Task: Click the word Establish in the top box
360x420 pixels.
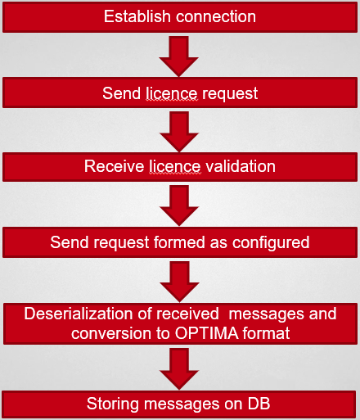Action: pyautogui.click(x=137, y=16)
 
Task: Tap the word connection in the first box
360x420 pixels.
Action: pyautogui.click(x=216, y=17)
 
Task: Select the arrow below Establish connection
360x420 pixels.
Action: pyautogui.click(x=178, y=56)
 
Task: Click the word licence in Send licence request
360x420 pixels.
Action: pyautogui.click(x=171, y=93)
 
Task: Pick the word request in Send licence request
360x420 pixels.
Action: pyautogui.click(x=230, y=94)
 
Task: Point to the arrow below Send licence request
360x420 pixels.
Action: pyautogui.click(x=179, y=132)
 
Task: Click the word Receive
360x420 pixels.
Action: pyautogui.click(x=114, y=166)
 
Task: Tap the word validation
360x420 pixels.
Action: pyautogui.click(x=241, y=166)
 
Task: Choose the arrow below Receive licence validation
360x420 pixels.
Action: pyautogui.click(x=179, y=205)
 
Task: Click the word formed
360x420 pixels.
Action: pyautogui.click(x=179, y=242)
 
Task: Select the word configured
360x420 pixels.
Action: pyautogui.click(x=271, y=243)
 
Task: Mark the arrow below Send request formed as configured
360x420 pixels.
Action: pyautogui.click(x=179, y=282)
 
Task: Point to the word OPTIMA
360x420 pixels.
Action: pyautogui.click(x=207, y=333)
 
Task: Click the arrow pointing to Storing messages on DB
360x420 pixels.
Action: pyautogui.click(x=179, y=369)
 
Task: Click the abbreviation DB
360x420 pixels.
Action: pyautogui.click(x=259, y=404)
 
